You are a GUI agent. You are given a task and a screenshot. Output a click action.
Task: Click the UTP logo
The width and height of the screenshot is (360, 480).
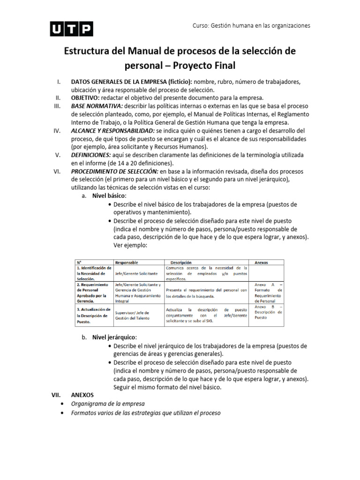pos(71,29)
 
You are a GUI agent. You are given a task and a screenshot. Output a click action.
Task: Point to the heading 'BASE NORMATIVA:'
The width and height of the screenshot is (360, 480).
pos(96,106)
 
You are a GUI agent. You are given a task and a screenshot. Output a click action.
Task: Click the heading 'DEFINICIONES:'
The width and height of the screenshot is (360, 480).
pos(91,155)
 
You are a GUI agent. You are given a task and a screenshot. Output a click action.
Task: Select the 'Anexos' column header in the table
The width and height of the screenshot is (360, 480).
pos(261,262)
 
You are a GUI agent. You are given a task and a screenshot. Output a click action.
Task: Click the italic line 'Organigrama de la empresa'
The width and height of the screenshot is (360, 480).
pos(107,404)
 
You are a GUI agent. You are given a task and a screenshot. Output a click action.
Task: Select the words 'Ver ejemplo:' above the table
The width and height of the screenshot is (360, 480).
pos(130,245)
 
